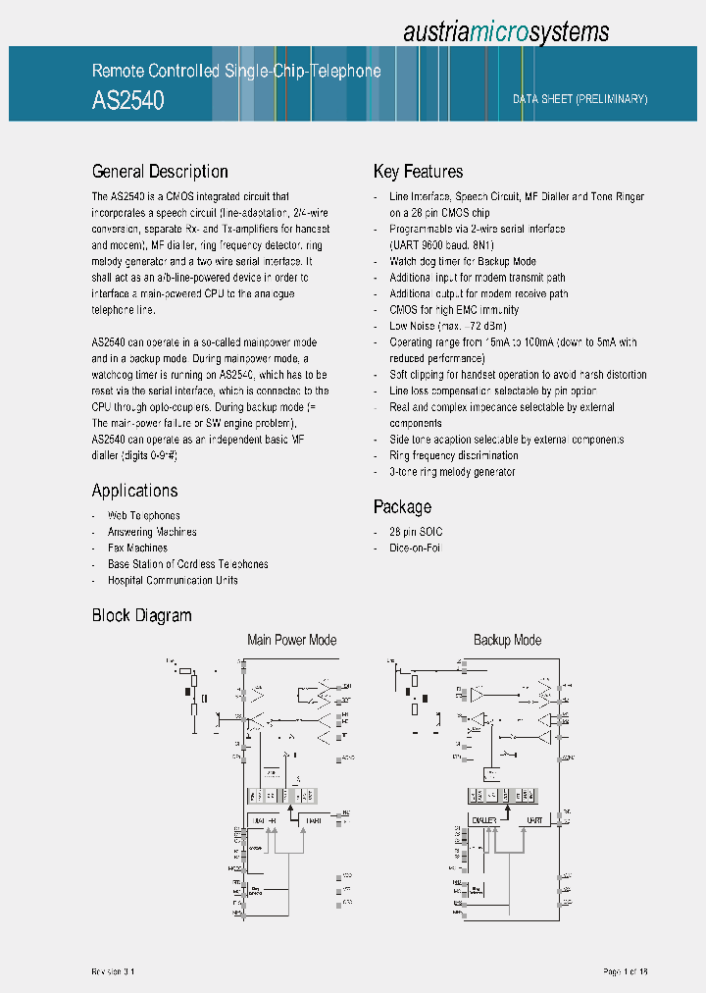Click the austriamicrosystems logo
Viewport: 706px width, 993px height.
pyautogui.click(x=506, y=32)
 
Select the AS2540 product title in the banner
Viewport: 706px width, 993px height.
pyautogui.click(x=127, y=100)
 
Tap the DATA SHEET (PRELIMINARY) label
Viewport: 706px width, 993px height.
pyautogui.click(x=580, y=99)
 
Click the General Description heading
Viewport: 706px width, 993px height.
pyautogui.click(x=160, y=172)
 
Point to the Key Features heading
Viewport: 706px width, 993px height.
pyautogui.click(x=418, y=172)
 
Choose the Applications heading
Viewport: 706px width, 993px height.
pyautogui.click(x=134, y=491)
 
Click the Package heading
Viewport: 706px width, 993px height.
pyautogui.click(x=402, y=507)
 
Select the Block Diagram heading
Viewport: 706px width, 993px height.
pyautogui.click(x=141, y=615)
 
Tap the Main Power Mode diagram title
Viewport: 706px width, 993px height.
pyautogui.click(x=291, y=641)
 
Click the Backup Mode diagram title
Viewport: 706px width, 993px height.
pyautogui.click(x=507, y=641)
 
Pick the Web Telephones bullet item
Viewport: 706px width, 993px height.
pyautogui.click(x=143, y=515)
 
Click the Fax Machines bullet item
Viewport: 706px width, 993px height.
pyautogui.click(x=137, y=548)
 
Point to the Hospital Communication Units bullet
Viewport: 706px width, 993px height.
pyautogui.click(x=172, y=580)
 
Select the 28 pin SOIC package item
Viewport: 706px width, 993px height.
pyautogui.click(x=416, y=532)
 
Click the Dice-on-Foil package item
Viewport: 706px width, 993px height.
pyautogui.click(x=415, y=548)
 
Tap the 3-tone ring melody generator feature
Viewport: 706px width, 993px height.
pyautogui.click(x=452, y=472)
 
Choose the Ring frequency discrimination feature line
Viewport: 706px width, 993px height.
pyautogui.click(x=453, y=455)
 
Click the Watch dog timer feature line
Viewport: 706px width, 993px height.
pyautogui.click(x=462, y=261)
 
